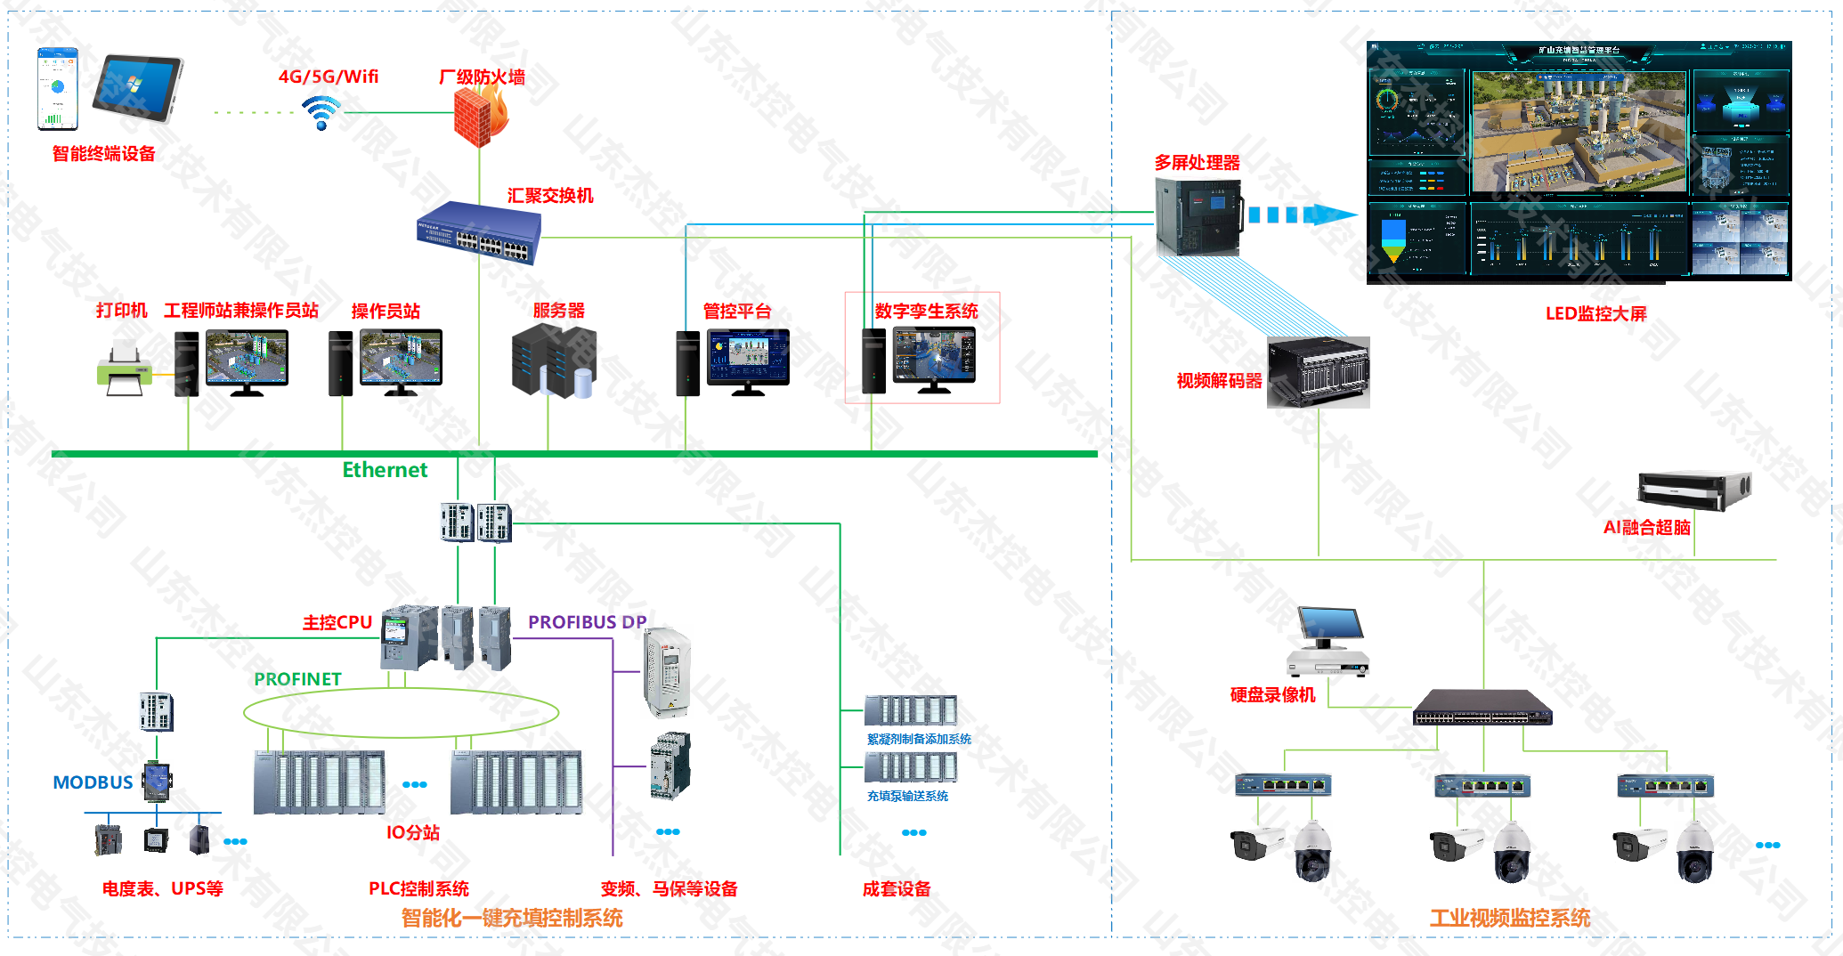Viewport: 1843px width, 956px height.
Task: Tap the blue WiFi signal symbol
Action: pyautogui.click(x=321, y=113)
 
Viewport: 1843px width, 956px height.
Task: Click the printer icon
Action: pyautogui.click(x=124, y=369)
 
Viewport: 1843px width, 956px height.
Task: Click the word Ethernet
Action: pyautogui.click(x=385, y=470)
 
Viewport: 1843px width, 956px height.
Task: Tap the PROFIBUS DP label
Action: pyautogui.click(x=587, y=622)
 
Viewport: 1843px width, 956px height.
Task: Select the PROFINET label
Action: pyautogui.click(x=297, y=679)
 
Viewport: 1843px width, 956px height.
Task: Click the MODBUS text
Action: pyautogui.click(x=93, y=782)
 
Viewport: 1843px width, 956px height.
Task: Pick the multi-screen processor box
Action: pyautogui.click(x=1198, y=216)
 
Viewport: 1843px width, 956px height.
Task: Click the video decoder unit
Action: pyautogui.click(x=1319, y=372)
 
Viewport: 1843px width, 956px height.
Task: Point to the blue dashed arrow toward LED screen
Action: pyautogui.click(x=1302, y=215)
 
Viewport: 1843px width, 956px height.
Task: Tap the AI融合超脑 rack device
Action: pyautogui.click(x=1693, y=490)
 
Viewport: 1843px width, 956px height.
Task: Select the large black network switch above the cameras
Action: pyautogui.click(x=1482, y=708)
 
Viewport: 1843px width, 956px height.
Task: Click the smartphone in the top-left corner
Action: pyautogui.click(x=57, y=88)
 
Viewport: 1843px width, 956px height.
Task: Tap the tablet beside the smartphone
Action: pyautogui.click(x=138, y=87)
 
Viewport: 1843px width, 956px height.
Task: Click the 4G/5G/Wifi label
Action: pyautogui.click(x=329, y=77)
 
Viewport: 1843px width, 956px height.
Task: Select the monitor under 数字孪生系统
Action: pyautogui.click(x=934, y=357)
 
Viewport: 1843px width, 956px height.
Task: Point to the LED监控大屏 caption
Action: pyautogui.click(x=1595, y=313)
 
